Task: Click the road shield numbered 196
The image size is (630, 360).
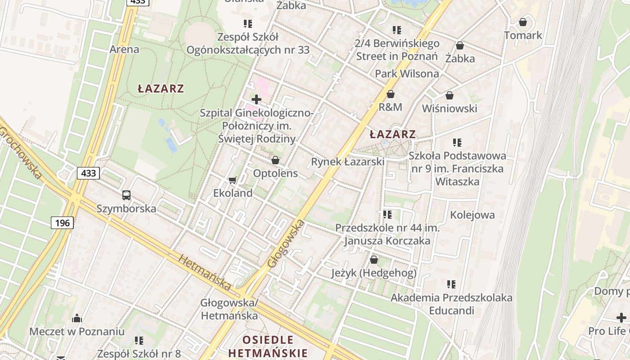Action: [63, 222]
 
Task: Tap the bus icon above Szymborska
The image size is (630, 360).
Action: [126, 195]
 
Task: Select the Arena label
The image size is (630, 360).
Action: [124, 49]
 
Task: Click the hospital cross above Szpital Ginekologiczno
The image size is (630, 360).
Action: [256, 99]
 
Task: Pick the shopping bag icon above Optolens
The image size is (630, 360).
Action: [275, 160]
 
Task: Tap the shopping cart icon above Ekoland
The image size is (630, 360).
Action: [232, 180]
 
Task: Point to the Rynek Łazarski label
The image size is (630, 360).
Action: [348, 162]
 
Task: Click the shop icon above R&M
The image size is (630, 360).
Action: [391, 94]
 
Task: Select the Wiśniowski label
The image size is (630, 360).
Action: [450, 108]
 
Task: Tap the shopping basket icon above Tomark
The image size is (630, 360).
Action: [523, 22]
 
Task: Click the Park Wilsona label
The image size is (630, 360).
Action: [407, 73]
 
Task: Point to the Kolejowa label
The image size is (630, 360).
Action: [472, 215]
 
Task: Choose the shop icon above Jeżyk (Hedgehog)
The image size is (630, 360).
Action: [373, 260]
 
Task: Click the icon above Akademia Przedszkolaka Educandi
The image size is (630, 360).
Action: [451, 284]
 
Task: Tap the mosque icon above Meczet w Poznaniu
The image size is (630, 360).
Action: [77, 319]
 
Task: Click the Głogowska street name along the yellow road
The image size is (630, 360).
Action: [286, 244]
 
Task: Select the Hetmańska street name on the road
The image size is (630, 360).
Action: [205, 272]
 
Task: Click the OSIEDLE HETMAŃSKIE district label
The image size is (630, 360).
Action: [268, 346]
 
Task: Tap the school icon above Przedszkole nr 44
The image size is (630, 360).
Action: [387, 215]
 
